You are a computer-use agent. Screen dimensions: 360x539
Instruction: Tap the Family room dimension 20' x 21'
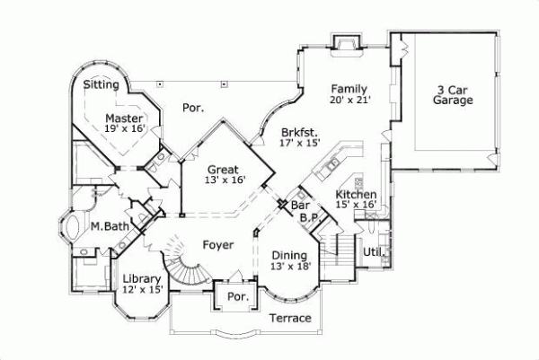click(x=349, y=101)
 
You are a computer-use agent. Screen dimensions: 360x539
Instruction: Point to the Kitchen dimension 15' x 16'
click(x=356, y=205)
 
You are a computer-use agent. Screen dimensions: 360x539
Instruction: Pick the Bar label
click(x=299, y=206)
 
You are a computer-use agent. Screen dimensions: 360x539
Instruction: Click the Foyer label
click(x=217, y=244)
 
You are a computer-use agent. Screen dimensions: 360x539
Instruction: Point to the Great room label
click(x=222, y=169)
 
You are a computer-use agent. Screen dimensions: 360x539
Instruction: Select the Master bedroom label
click(x=124, y=118)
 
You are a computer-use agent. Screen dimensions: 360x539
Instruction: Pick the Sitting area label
click(x=102, y=84)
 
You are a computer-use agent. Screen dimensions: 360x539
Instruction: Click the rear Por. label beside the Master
click(x=192, y=107)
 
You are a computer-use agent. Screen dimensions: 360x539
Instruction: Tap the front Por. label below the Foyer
click(x=237, y=296)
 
